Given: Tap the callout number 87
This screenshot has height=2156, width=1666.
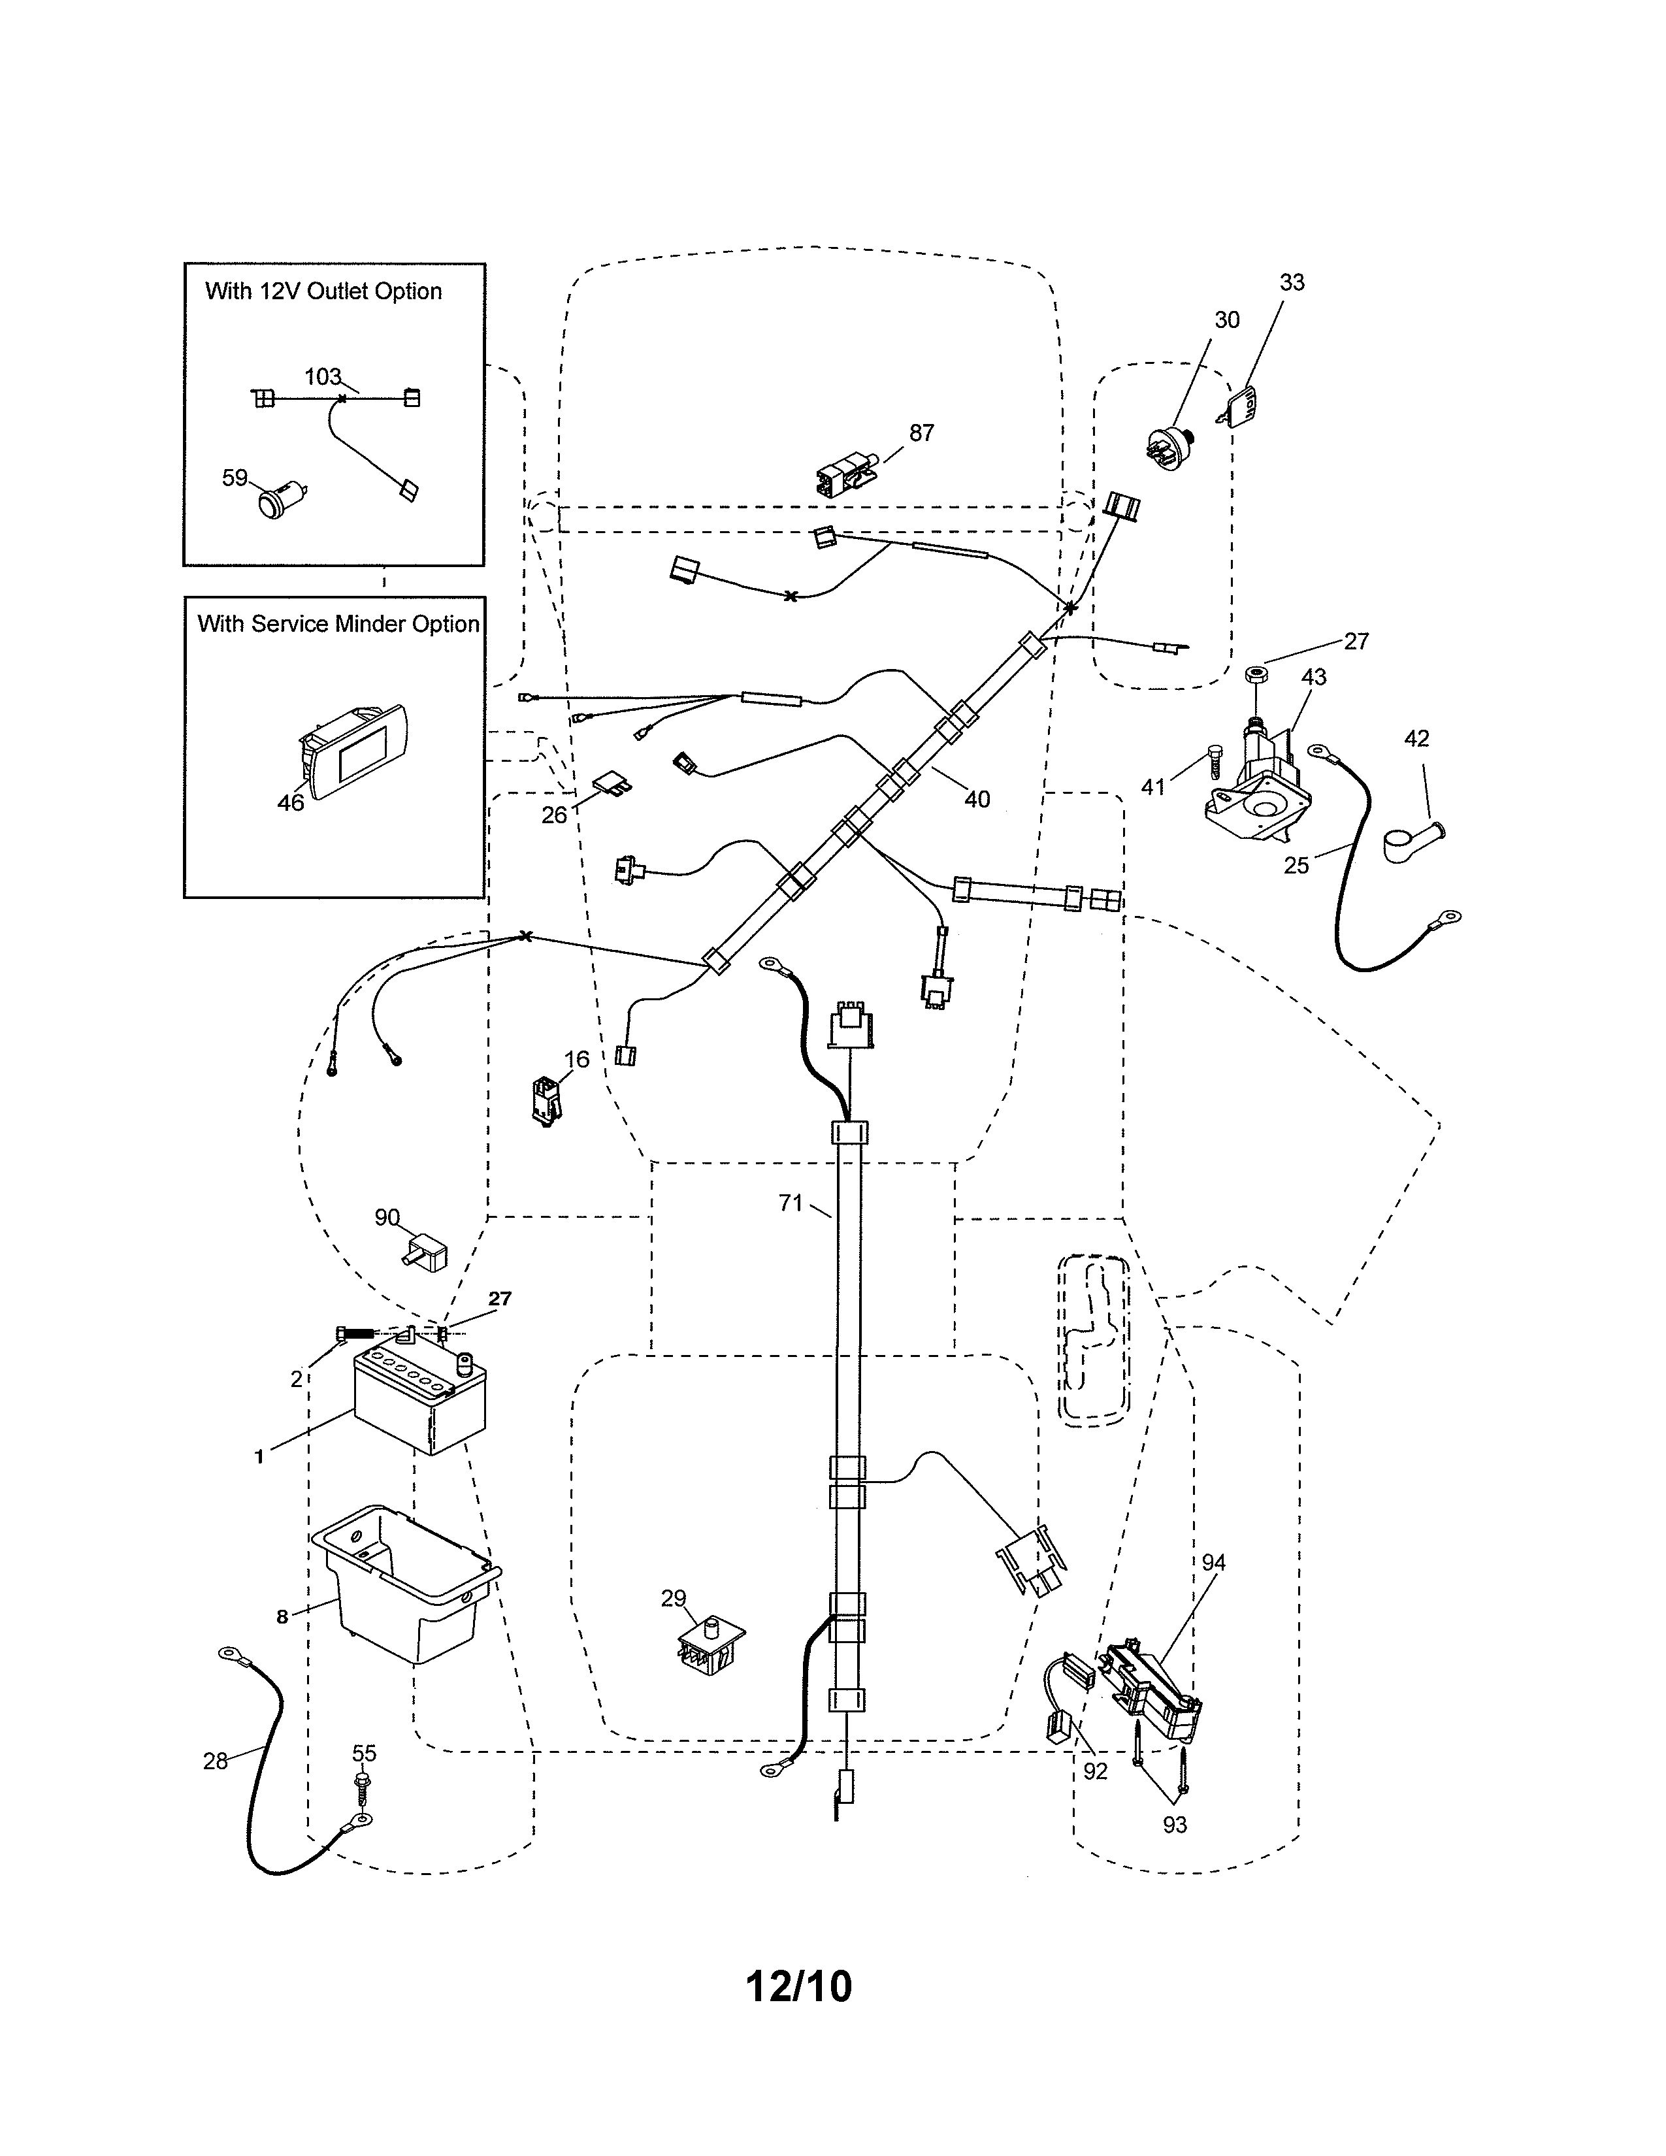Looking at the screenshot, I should pos(921,433).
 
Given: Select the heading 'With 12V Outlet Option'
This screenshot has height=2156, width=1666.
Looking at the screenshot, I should pos(323,291).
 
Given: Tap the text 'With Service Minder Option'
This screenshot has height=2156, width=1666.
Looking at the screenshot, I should pos(338,624).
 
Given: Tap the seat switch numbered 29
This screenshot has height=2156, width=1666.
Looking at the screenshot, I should pos(711,1646).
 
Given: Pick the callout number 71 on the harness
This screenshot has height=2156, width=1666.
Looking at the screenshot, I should pos(790,1202).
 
